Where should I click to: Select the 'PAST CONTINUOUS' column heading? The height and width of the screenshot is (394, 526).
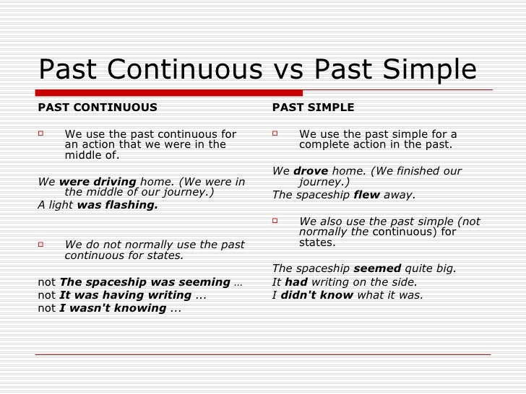point(98,108)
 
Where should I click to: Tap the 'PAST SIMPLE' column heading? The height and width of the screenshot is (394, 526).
point(313,108)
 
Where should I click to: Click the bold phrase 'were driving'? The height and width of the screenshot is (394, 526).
point(98,181)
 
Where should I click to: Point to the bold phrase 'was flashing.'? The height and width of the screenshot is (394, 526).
point(117,204)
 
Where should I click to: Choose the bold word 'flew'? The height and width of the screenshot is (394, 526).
point(366,195)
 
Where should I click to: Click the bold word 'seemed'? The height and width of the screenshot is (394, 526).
point(376,268)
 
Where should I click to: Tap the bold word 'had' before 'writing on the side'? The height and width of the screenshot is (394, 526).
point(296,281)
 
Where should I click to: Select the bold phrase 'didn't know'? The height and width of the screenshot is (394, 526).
point(316,294)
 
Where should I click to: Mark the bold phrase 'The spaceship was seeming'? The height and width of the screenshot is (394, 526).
point(145,282)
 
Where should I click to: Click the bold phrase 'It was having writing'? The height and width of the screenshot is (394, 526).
point(126,295)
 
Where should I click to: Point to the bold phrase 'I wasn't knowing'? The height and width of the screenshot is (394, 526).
point(113,308)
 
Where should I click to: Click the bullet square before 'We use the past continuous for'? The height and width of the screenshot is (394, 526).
point(42,133)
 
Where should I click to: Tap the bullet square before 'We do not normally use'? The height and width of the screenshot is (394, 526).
point(42,245)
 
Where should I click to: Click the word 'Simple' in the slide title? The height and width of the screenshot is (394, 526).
point(431,70)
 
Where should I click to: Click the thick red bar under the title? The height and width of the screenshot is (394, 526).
point(170,92)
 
